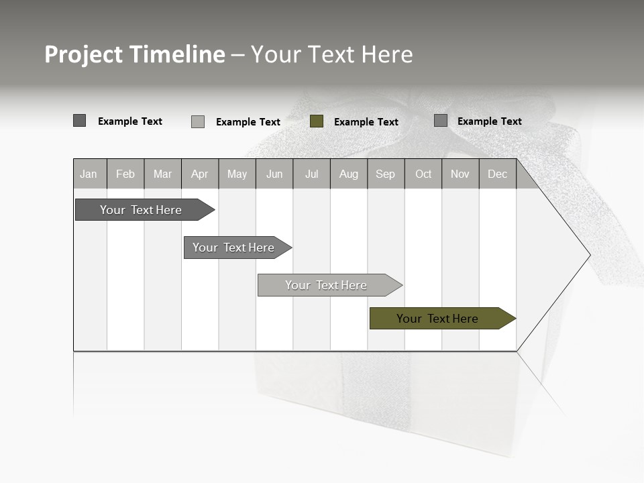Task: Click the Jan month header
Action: pyautogui.click(x=89, y=174)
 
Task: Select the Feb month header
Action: pyautogui.click(x=125, y=174)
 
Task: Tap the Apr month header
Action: pyautogui.click(x=200, y=174)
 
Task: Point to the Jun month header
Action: pyautogui.click(x=274, y=174)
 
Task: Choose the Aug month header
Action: pyautogui.click(x=349, y=174)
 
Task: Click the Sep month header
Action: pyautogui.click(x=386, y=174)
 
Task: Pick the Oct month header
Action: pyautogui.click(x=423, y=174)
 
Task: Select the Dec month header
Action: pyautogui.click(x=498, y=174)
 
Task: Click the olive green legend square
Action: pyautogui.click(x=317, y=121)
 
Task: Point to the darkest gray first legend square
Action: pyautogui.click(x=80, y=121)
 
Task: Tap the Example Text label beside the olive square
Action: pyautogui.click(x=366, y=122)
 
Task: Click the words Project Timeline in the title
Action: pyautogui.click(x=135, y=54)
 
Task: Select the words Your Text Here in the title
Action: pyautogui.click(x=332, y=54)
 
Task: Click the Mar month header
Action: pyautogui.click(x=163, y=174)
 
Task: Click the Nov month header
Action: pyautogui.click(x=460, y=174)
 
